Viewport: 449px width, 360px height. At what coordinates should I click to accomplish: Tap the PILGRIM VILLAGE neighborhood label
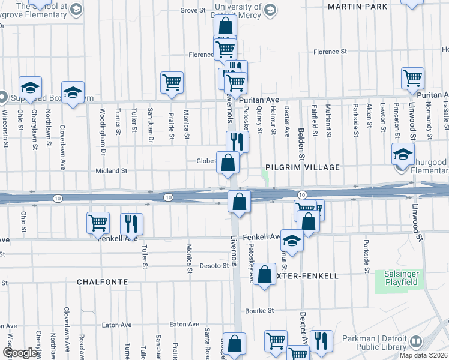(x=303, y=167)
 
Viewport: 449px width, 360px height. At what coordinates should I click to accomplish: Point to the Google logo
(x=20, y=353)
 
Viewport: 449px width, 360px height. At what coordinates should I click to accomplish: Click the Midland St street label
(x=112, y=171)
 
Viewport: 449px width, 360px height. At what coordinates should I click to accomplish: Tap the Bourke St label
(x=259, y=311)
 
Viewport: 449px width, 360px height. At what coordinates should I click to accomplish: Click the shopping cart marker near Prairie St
(x=172, y=83)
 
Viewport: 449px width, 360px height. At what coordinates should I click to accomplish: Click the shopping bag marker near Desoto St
(x=264, y=275)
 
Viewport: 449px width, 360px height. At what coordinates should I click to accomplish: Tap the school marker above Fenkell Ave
(x=292, y=242)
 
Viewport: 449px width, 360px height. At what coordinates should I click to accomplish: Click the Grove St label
(x=193, y=10)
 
